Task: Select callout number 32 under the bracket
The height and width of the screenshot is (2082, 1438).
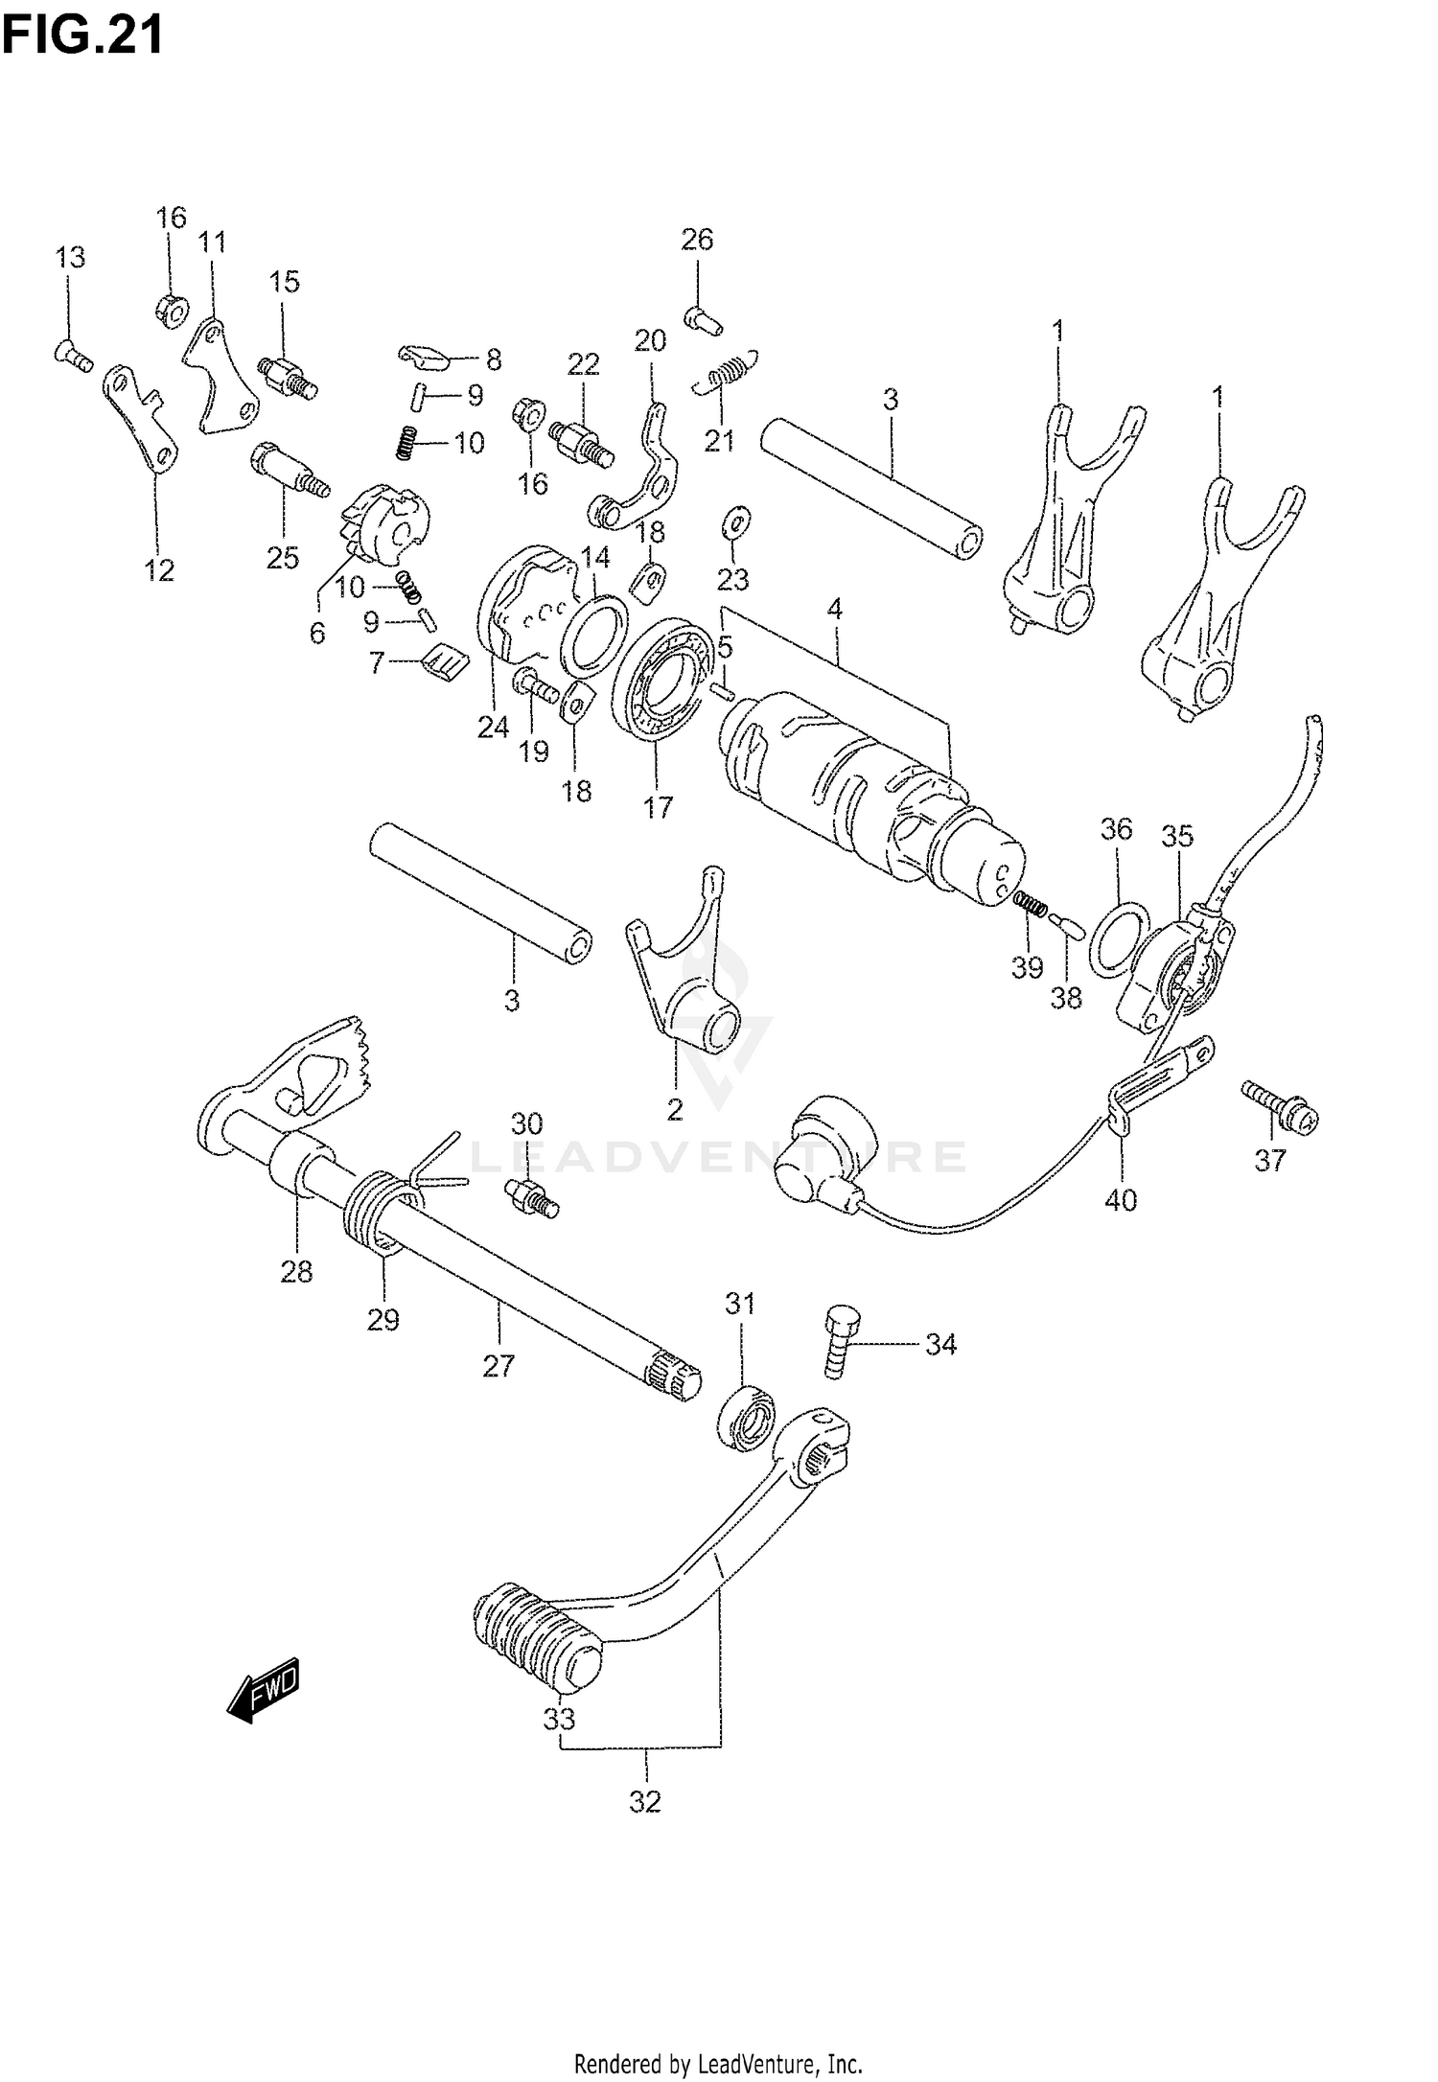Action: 645,1801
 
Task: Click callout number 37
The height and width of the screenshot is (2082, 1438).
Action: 1269,1161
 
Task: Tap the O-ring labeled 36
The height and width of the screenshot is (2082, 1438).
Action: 1121,936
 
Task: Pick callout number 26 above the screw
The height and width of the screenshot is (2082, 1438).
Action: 697,240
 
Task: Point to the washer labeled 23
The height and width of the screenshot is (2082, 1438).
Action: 734,520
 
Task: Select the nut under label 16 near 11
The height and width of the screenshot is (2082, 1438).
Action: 171,310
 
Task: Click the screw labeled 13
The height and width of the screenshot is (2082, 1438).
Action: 71,357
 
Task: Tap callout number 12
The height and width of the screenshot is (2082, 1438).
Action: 159,570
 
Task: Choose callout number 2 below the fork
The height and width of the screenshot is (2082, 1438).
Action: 675,1109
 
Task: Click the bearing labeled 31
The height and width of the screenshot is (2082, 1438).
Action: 747,1416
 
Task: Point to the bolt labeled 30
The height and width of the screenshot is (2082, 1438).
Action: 529,1196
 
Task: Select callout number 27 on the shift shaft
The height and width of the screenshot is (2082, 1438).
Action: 499,1365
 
